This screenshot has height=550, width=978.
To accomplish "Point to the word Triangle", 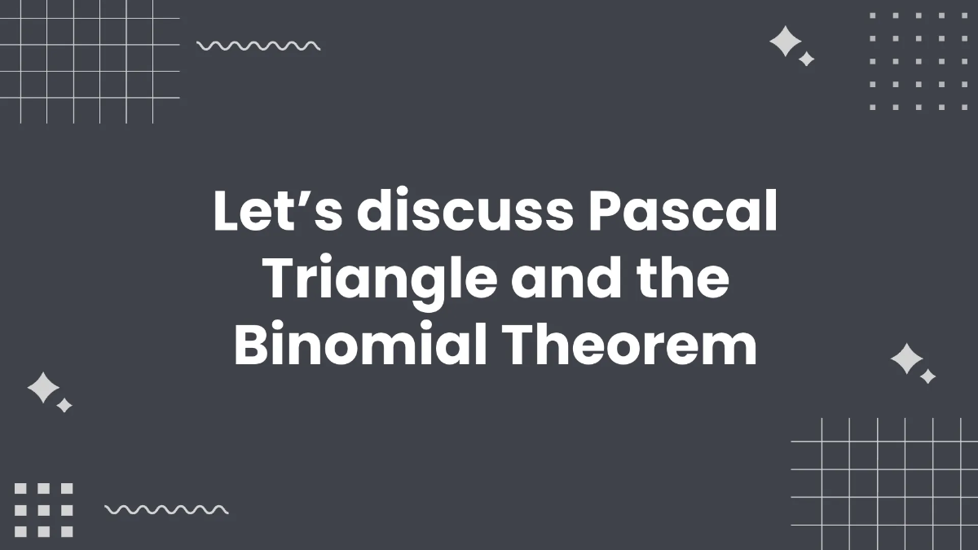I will pyautogui.click(x=380, y=280).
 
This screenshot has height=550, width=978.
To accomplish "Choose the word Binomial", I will pyautogui.click(x=361, y=345).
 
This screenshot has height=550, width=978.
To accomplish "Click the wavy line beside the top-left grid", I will pyautogui.click(x=258, y=46).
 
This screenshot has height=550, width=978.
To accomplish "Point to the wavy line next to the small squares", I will pyautogui.click(x=166, y=510).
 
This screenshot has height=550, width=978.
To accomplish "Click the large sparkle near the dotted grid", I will pyautogui.click(x=785, y=42).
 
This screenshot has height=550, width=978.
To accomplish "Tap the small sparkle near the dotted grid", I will pyautogui.click(x=806, y=59).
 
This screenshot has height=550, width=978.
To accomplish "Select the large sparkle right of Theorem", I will pyautogui.click(x=905, y=359).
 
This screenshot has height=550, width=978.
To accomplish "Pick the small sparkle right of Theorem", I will pyautogui.click(x=927, y=376).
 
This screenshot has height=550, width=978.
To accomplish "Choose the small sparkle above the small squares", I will pyautogui.click(x=64, y=405).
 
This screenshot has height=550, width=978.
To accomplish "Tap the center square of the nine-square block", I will pyautogui.click(x=44, y=510).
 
